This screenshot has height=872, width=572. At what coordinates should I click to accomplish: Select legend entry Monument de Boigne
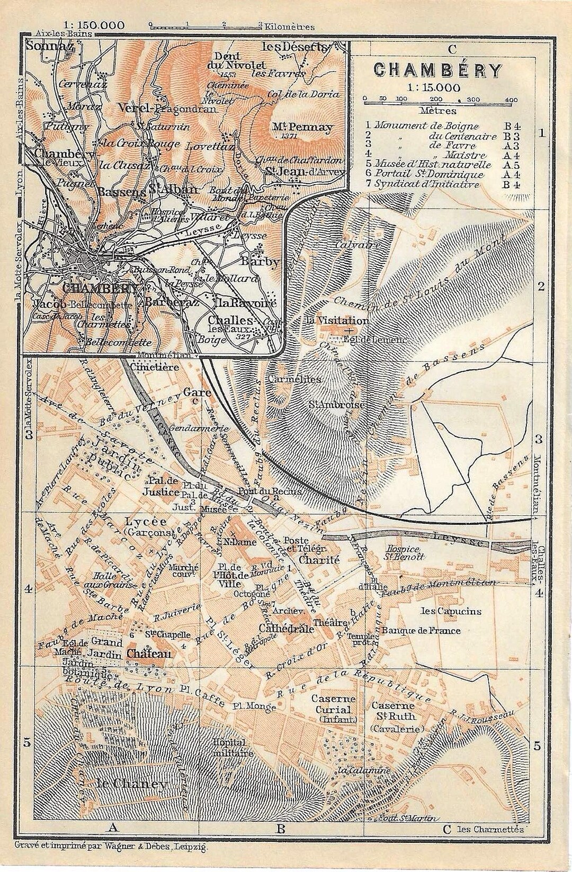click(426, 126)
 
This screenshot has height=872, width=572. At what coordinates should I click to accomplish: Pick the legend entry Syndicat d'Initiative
click(426, 184)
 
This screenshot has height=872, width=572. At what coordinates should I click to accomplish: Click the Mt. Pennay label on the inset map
click(310, 127)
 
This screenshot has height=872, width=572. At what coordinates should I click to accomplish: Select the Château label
click(149, 653)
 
